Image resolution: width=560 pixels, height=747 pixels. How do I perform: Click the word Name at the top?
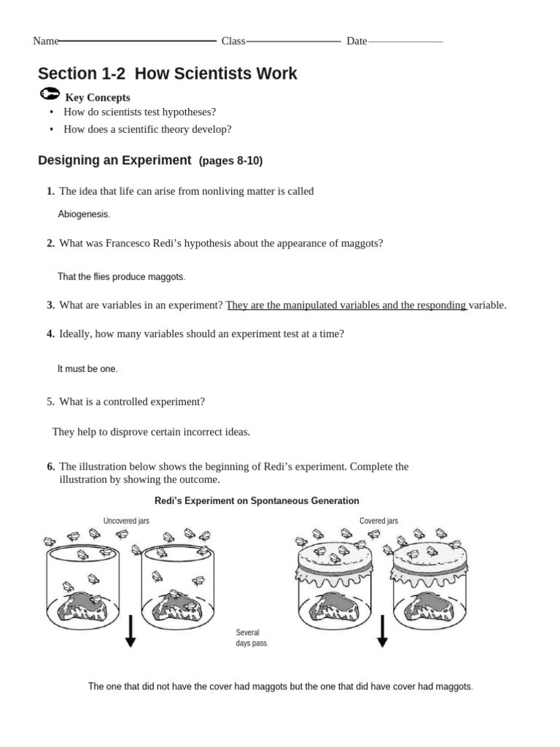[x=45, y=41]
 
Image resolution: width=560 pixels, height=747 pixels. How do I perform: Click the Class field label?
[x=233, y=41]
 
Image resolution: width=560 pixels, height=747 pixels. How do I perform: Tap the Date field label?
[x=357, y=41]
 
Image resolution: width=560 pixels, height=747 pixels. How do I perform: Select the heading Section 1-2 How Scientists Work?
[x=167, y=74]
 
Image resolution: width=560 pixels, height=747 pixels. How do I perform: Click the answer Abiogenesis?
[x=84, y=214]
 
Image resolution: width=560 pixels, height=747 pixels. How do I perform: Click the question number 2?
[x=50, y=244]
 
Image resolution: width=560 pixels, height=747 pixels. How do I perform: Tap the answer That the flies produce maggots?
[x=121, y=277]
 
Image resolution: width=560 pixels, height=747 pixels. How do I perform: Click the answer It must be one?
[x=87, y=369]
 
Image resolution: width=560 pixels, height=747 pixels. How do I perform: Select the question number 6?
[x=50, y=466]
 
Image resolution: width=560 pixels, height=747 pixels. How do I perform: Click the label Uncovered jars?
[x=126, y=521]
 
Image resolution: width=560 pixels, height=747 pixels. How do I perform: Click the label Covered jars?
[x=378, y=521]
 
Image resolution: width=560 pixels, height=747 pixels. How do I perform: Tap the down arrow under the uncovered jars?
[x=131, y=632]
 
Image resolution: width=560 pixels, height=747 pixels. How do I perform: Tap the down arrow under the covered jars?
[x=381, y=632]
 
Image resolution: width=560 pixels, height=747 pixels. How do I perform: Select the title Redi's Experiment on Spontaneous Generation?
[x=257, y=501]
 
